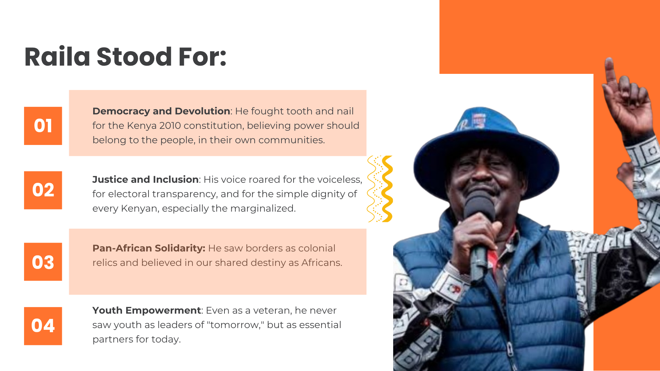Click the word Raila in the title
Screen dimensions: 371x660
point(57,57)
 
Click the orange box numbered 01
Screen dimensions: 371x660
point(43,126)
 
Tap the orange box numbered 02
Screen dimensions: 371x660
point(43,190)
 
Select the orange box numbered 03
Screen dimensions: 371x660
point(43,262)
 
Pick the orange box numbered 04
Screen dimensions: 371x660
point(43,326)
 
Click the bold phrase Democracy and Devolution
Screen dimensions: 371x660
point(161,111)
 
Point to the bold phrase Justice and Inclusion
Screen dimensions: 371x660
point(145,180)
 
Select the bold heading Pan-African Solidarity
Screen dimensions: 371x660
point(148,248)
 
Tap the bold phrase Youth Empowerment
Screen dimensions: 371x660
point(146,311)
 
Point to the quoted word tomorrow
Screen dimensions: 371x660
point(235,325)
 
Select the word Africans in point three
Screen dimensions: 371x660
point(321,263)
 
